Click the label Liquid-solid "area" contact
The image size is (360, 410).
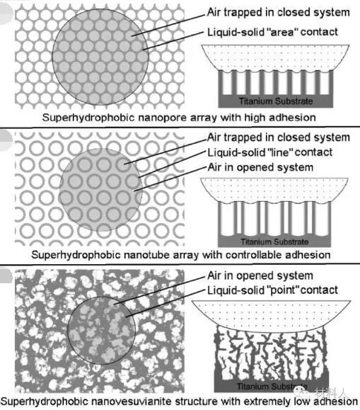coord(272,32)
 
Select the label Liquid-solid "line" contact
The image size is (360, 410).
coord(270,152)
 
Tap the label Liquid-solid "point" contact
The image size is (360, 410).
coord(272,290)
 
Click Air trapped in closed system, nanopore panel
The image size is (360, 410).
coord(278,12)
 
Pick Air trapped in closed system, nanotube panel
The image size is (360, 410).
coord(278,137)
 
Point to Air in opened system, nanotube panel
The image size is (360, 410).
coord(260,167)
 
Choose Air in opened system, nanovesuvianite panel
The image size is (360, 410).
coord(260,275)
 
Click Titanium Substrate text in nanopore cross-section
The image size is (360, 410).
coord(276,101)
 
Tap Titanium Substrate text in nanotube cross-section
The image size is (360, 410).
coord(274,241)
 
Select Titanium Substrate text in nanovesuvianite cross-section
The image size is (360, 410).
coord(272,386)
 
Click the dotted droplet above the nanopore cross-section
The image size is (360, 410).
coord(275,58)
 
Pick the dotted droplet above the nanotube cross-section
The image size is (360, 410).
coord(274,190)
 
